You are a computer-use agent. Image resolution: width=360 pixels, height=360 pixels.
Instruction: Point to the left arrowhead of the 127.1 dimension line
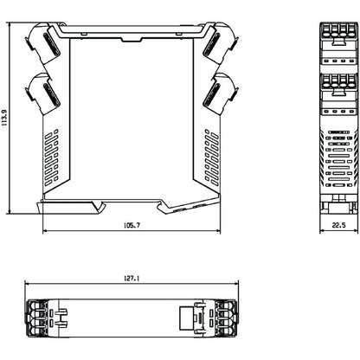tap(27, 286)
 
